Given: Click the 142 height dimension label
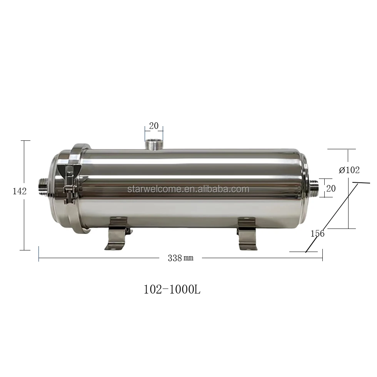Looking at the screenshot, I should pyautogui.click(x=19, y=191).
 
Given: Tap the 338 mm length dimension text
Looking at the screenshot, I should pyautogui.click(x=180, y=258).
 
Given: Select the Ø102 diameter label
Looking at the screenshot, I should pyautogui.click(x=349, y=170).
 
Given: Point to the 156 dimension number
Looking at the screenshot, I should pyautogui.click(x=317, y=234).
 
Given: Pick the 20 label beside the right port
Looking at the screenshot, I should pyautogui.click(x=331, y=188).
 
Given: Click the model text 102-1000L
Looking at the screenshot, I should pyautogui.click(x=172, y=290).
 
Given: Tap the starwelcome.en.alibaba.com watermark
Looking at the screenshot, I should pyautogui.click(x=188, y=189).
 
